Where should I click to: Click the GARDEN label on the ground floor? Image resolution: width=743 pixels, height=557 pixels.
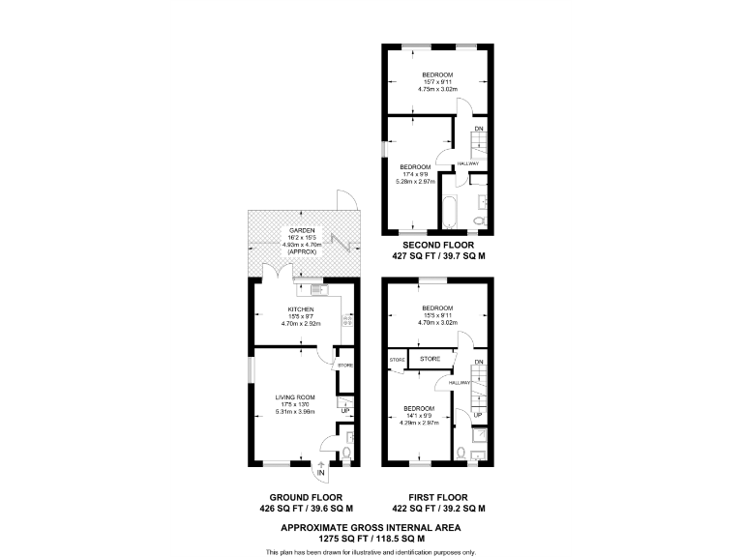(300, 230)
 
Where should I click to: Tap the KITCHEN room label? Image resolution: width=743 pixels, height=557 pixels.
(300, 309)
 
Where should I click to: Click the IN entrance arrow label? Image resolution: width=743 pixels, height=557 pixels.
(321, 474)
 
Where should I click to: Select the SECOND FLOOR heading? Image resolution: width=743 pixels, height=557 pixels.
(438, 246)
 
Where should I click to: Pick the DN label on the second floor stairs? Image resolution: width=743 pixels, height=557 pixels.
(478, 129)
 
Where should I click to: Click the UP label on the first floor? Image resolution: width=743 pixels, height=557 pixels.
(478, 415)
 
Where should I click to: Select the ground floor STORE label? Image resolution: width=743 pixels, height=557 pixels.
(345, 366)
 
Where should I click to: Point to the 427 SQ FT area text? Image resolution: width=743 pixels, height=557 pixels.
(438, 257)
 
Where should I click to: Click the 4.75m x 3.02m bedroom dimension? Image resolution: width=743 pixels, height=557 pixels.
(437, 89)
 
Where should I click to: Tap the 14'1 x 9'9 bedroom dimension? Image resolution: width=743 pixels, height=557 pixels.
(419, 416)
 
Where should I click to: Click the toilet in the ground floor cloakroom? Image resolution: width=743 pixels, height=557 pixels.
(347, 453)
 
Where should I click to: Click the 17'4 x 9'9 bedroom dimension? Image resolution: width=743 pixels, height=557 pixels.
(415, 173)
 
